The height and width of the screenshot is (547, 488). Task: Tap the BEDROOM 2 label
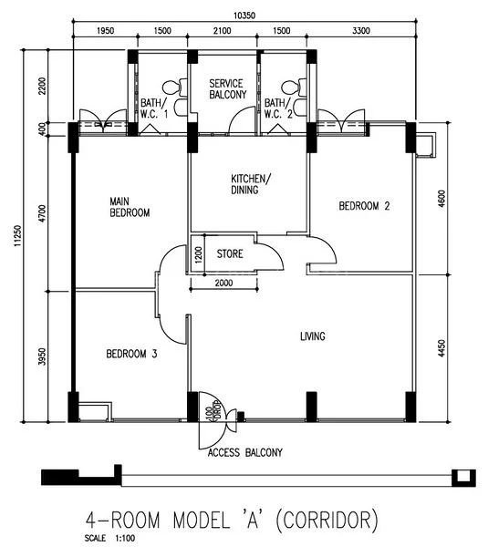(x=364, y=206)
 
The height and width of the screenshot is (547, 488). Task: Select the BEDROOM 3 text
(x=131, y=354)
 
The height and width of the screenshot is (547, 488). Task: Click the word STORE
(x=230, y=253)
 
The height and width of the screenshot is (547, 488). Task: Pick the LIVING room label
(x=313, y=336)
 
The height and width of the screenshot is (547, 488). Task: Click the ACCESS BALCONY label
(x=245, y=452)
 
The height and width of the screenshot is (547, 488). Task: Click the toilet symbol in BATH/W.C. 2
(x=290, y=88)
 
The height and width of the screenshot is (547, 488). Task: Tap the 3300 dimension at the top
(x=362, y=31)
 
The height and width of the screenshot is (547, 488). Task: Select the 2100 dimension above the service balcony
(x=222, y=31)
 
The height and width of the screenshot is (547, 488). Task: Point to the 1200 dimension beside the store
(x=198, y=253)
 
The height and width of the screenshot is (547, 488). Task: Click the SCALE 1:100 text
(x=99, y=537)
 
